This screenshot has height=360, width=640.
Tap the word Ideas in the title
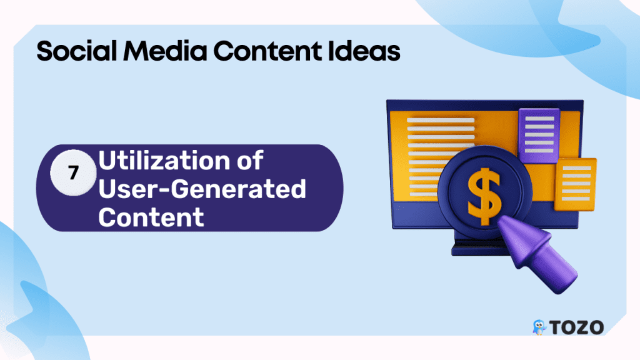tap(364, 51)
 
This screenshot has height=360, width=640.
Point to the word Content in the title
tap(267, 51)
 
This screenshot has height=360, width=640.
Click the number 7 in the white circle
tap(74, 173)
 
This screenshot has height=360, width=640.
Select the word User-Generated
tap(202, 189)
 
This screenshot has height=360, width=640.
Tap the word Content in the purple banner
tap(151, 217)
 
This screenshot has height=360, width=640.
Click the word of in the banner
tap(250, 161)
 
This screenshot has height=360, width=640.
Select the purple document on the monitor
tap(539, 135)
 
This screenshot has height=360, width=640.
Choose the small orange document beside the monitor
tap(575, 184)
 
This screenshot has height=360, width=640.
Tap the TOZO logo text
tap(576, 327)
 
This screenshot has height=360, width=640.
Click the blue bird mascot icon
tap(539, 327)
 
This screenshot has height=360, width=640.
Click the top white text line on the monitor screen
tap(441, 121)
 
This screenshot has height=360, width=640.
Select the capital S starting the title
tap(44, 52)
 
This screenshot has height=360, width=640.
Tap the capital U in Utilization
tap(106, 161)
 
